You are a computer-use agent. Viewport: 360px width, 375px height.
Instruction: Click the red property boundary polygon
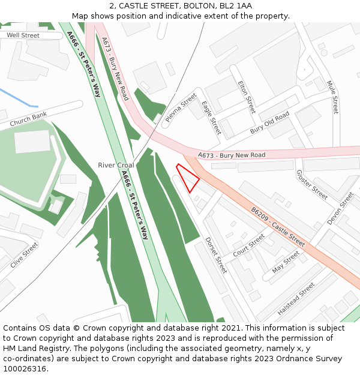tap(188, 178)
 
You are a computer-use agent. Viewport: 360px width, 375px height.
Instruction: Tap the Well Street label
tap(23, 35)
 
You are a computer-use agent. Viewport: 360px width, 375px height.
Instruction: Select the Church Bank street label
tap(28, 119)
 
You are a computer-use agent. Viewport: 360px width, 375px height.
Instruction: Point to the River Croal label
tap(116, 165)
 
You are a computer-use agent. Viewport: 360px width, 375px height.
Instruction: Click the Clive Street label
tap(24, 255)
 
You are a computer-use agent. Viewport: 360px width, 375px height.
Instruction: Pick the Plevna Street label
tap(181, 107)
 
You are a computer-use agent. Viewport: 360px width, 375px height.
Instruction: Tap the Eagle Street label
tap(211, 118)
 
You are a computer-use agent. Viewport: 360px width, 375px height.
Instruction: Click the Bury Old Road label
tap(270, 122)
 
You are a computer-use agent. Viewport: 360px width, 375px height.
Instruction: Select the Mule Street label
tap(332, 97)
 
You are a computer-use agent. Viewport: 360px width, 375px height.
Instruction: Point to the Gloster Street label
tap(312, 185)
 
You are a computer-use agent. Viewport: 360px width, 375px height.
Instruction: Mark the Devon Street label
tap(341, 208)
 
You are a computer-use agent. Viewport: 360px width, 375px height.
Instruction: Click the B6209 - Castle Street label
tap(278, 227)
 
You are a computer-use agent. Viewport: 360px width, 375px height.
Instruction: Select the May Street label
tap(286, 262)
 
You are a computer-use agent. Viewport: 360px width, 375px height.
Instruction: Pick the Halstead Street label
tap(296, 299)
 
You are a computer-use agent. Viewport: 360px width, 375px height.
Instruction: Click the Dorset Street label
tap(216, 255)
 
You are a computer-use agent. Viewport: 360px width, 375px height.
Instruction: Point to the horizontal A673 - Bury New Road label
tap(231, 155)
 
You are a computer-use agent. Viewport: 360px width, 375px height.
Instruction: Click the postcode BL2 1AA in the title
tap(236, 6)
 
